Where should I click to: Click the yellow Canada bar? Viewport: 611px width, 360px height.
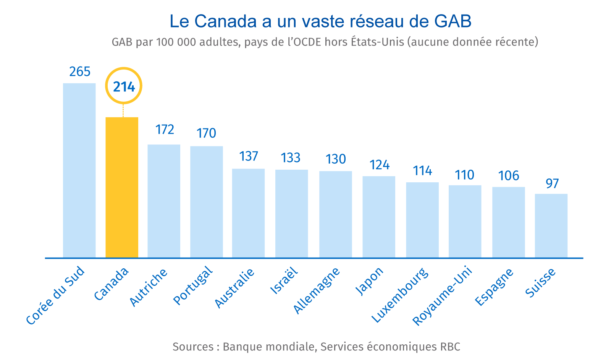click(122, 187)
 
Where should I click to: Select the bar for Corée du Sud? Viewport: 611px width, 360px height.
click(79, 170)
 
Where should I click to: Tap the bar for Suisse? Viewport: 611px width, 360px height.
click(551, 225)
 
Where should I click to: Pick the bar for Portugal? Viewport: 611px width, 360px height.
click(207, 202)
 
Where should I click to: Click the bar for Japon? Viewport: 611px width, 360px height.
click(379, 217)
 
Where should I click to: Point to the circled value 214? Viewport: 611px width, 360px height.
click(124, 87)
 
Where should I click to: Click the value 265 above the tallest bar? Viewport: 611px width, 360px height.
click(80, 71)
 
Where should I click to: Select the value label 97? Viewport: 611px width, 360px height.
click(552, 183)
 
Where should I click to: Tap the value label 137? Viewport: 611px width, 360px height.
click(249, 156)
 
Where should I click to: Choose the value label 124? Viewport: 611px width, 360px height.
click(379, 165)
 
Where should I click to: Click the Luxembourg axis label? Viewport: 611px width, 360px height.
click(400, 295)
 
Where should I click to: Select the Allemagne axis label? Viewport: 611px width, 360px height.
click(316, 290)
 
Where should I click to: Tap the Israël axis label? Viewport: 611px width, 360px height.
click(284, 281)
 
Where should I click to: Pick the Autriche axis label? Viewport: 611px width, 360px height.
click(148, 287)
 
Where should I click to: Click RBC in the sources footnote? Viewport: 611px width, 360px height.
click(450, 347)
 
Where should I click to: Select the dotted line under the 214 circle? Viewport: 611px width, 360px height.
click(123, 110)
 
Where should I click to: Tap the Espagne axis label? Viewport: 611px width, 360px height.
click(494, 287)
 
